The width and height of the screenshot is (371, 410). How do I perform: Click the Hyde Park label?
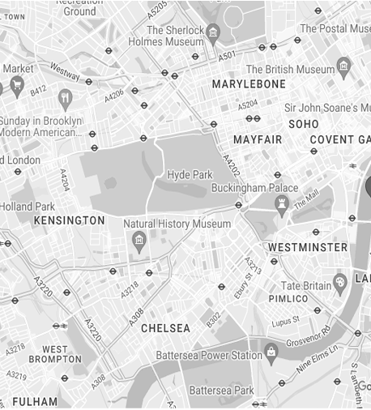pyautogui.click(x=189, y=175)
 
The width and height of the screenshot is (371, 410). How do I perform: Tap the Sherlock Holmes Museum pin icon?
pyautogui.click(x=214, y=32)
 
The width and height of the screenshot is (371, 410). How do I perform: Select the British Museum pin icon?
pyautogui.click(x=343, y=65)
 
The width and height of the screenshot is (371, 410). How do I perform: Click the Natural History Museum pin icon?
pyautogui.click(x=139, y=240)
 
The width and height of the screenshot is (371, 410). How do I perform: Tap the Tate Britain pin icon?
pyautogui.click(x=340, y=280)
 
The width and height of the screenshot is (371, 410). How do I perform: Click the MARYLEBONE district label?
pyautogui.click(x=249, y=84)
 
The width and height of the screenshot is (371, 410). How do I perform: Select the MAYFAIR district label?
pyautogui.click(x=258, y=140)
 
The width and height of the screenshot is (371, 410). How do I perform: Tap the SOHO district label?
pyautogui.click(x=304, y=124)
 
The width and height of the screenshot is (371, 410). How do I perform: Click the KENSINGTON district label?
pyautogui.click(x=69, y=220)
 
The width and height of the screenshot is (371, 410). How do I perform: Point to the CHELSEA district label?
pyautogui.click(x=165, y=329)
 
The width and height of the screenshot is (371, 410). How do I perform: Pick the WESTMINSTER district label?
pyautogui.click(x=307, y=247)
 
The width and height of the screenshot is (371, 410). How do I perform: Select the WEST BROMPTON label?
pyautogui.click(x=54, y=354)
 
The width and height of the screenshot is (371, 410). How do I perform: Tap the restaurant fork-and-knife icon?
pyautogui.click(x=66, y=99)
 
